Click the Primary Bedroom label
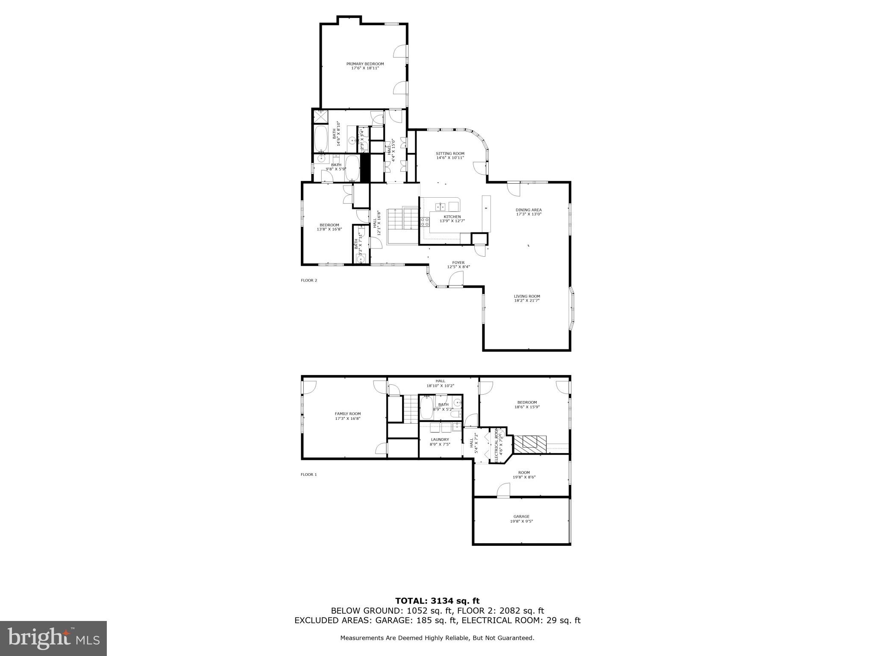point(365,64)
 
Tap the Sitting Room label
point(450,154)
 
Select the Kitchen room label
point(452,217)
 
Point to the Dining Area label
point(529,210)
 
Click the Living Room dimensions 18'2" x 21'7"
point(527,301)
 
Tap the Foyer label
point(458,263)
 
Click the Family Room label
point(347,413)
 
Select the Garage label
point(521,516)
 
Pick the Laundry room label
point(440,439)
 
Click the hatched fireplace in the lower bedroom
point(530,444)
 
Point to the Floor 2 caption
point(309,281)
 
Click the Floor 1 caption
point(309,474)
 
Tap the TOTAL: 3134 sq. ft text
point(437,601)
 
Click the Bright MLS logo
point(53,638)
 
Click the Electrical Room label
point(496,445)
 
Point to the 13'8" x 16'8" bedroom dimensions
point(329,229)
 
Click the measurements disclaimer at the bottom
point(437,638)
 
